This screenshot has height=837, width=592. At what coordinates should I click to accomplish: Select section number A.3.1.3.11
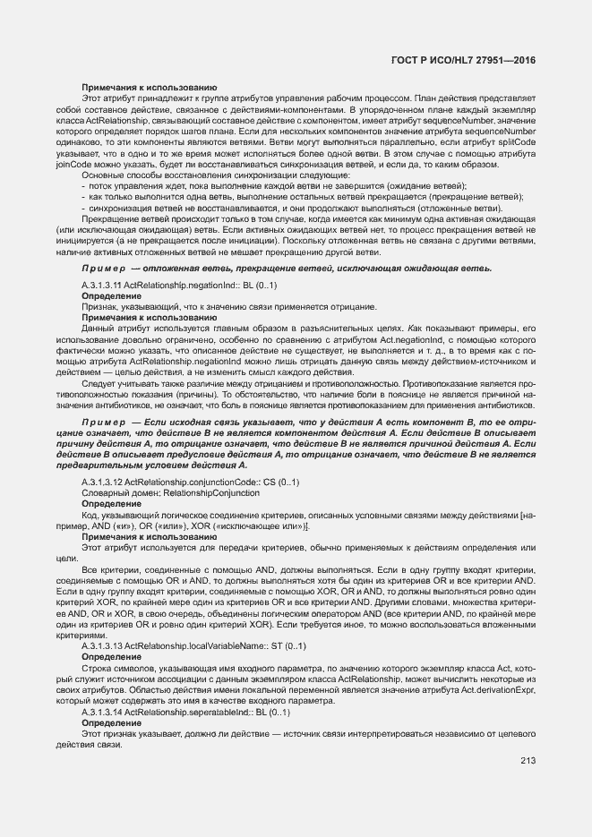click(x=101, y=285)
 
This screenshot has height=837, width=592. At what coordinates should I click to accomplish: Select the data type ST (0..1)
click(x=288, y=645)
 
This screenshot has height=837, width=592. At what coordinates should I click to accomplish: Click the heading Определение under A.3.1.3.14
click(x=105, y=722)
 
